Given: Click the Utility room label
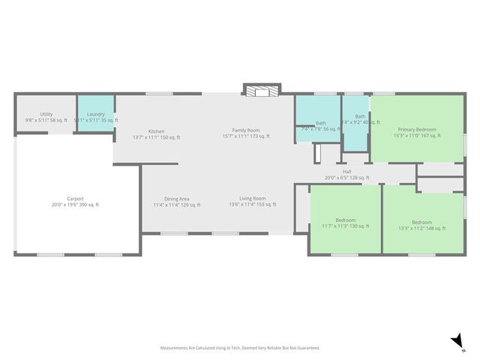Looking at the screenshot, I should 46,114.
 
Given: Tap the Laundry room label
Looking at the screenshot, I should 95,114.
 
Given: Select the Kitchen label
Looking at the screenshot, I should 156,131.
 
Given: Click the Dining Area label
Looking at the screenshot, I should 177,199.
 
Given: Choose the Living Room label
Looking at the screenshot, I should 253,199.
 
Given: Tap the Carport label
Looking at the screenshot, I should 75,199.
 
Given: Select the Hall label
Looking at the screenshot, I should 347,172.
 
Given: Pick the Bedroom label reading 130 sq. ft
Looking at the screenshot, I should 346,220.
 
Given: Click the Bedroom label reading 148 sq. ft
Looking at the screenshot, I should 421,222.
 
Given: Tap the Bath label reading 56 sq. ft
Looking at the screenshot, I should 321,123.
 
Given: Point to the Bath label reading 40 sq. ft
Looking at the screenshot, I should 361,116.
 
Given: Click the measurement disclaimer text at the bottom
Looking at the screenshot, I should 240,348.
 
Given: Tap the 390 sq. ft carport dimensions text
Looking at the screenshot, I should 75,205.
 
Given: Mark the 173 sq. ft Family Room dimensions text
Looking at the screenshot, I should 246,136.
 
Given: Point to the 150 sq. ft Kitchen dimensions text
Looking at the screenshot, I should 156,136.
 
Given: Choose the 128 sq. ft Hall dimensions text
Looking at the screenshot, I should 347,178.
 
